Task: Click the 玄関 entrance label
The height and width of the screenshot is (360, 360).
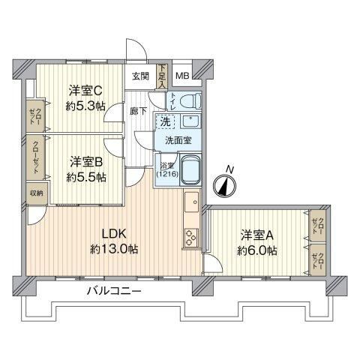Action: (x=141, y=76)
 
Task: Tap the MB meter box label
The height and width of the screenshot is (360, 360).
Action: (x=182, y=76)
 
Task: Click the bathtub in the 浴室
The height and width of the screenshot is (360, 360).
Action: (x=190, y=169)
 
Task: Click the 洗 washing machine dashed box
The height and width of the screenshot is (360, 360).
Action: (x=165, y=121)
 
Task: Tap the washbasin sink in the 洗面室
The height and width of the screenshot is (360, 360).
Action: (x=190, y=121)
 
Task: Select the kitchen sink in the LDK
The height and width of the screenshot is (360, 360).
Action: (x=192, y=202)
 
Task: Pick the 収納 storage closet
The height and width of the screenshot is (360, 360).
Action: (x=37, y=193)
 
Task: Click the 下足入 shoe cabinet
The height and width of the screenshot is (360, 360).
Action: (x=162, y=76)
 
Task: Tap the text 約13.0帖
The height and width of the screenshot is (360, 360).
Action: (x=114, y=249)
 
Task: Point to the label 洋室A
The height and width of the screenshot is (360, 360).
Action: (x=256, y=235)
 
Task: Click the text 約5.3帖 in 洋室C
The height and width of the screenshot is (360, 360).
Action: (x=85, y=107)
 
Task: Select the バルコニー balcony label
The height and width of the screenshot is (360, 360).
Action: (x=114, y=291)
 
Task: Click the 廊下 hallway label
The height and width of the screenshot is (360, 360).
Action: (x=138, y=111)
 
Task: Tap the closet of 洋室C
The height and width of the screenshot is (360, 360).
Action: (x=35, y=116)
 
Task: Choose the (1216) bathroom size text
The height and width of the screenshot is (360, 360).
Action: (x=167, y=174)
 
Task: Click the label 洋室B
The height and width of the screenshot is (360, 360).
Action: (x=86, y=162)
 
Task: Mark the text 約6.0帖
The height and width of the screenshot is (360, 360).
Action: (x=257, y=250)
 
